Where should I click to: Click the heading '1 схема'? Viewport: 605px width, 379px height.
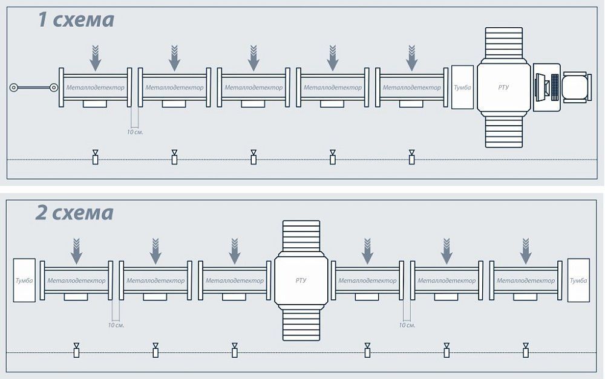76,20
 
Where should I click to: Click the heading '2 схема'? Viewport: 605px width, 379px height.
74,213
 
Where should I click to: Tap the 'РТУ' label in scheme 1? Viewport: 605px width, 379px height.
503,88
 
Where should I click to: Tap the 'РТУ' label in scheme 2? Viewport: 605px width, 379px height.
301,280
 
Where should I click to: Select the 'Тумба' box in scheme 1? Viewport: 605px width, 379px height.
462,88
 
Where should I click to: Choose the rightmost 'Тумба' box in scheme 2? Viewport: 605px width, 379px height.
578,280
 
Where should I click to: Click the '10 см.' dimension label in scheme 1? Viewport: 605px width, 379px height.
135,131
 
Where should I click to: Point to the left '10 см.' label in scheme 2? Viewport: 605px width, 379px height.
116,325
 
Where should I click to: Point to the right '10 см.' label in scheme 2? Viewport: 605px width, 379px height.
407,325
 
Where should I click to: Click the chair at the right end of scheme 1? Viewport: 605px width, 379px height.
575,88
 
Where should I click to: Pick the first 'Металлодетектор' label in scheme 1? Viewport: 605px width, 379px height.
95,88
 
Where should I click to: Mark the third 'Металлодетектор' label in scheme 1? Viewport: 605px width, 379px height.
253,88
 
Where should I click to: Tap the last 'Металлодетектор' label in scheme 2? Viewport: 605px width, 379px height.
525,280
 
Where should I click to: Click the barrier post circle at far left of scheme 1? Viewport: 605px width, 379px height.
13,88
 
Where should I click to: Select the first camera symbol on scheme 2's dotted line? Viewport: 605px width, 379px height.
77,350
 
